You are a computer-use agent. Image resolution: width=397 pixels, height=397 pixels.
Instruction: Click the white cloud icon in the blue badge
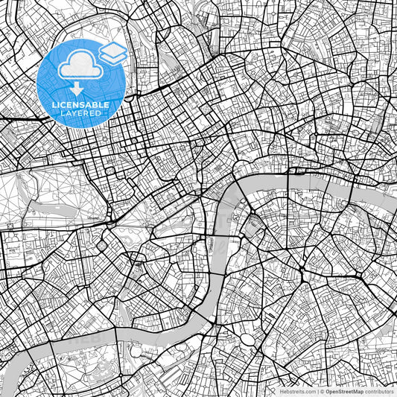[x=80, y=67]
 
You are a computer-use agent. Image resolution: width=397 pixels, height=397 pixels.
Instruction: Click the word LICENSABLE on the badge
[x=80, y=105]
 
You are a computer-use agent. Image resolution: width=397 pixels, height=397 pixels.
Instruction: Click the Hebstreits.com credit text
[x=297, y=391]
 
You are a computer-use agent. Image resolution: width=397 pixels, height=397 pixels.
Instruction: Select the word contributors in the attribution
[x=379, y=391]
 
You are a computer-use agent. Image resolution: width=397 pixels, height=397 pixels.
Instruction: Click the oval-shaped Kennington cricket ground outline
[x=247, y=339]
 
